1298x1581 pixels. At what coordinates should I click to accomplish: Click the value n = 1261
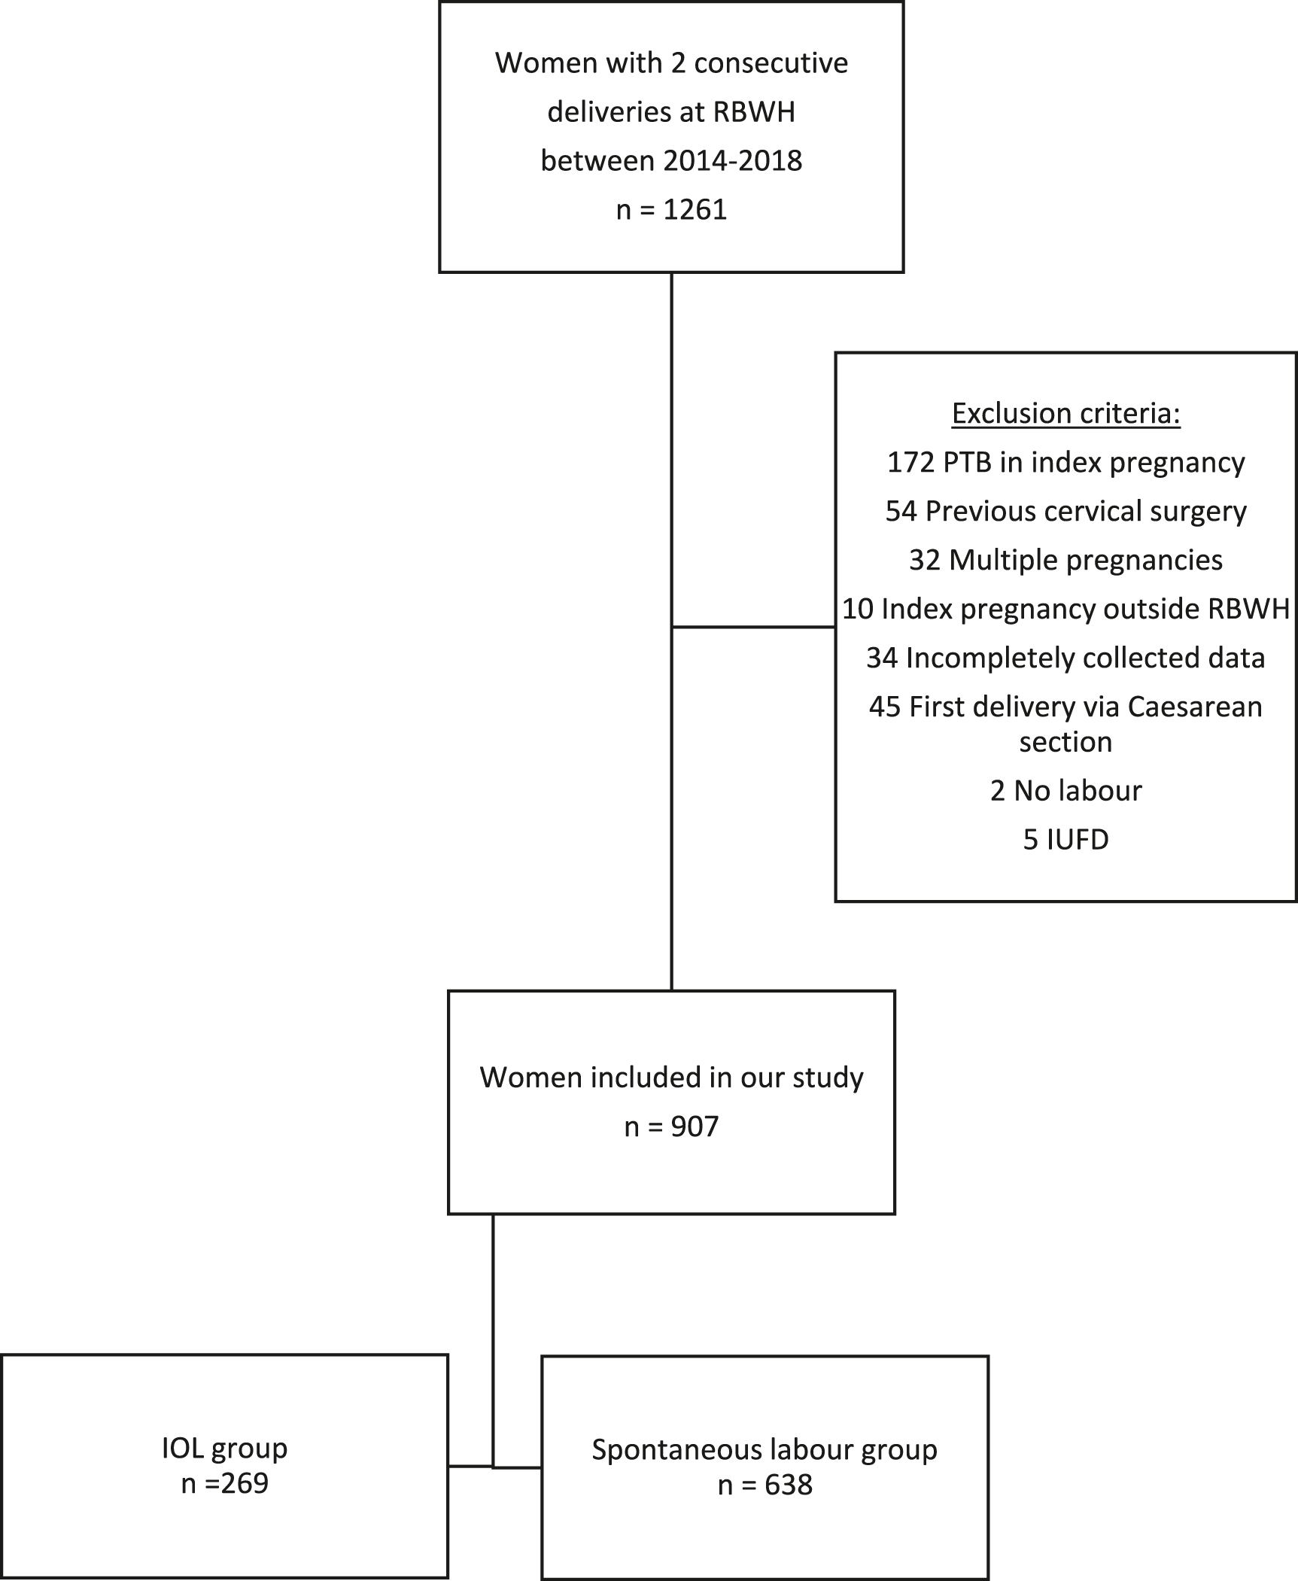[x=671, y=209]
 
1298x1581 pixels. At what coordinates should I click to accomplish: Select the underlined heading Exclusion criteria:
[x=1065, y=413]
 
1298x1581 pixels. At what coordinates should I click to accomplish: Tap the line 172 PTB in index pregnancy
[x=1065, y=462]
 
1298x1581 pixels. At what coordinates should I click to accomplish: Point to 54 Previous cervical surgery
[x=1065, y=511]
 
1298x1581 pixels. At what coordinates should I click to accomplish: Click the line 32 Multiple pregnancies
[x=1065, y=560]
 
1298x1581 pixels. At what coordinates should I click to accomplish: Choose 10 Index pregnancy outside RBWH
[x=1065, y=609]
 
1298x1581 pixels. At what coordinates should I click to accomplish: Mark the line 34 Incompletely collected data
[x=1065, y=658]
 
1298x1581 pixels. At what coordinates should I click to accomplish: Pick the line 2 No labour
[x=1065, y=790]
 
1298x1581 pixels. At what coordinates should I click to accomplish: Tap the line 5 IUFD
[x=1065, y=839]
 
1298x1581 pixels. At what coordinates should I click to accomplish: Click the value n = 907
[x=671, y=1126]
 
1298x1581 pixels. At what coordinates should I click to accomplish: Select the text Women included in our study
[x=671, y=1077]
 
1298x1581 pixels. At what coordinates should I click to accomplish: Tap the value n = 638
[x=765, y=1485]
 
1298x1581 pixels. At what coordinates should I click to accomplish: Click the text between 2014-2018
[x=671, y=160]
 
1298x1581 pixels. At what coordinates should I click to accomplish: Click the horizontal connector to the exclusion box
[x=752, y=626]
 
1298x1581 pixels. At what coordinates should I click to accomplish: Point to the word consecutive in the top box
[x=771, y=62]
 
